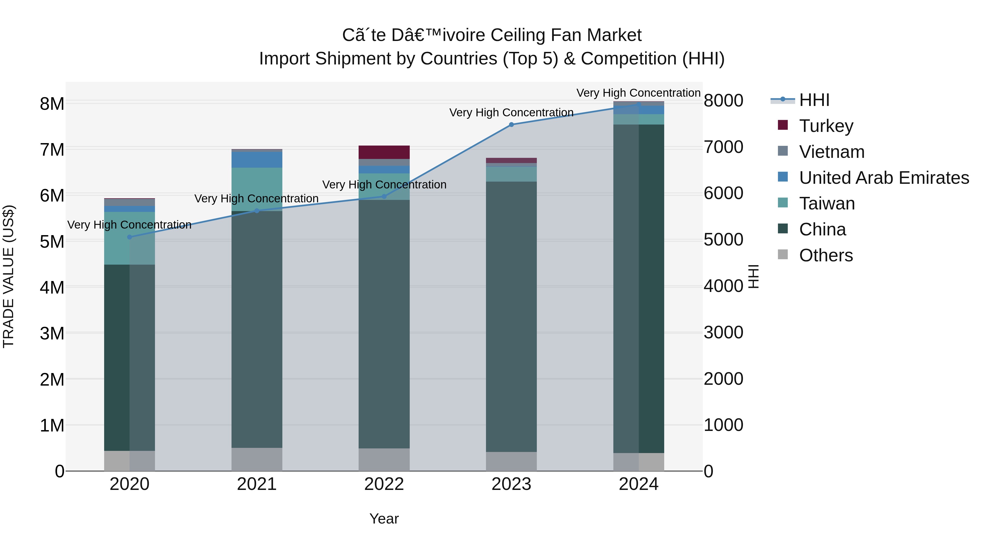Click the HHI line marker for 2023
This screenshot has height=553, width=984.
tap(511, 125)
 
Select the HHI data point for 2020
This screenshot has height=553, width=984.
tap(130, 237)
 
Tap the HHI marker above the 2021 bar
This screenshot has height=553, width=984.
tap(257, 211)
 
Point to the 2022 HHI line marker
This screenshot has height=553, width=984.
tap(384, 197)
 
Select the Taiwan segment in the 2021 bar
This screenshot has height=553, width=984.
tap(257, 189)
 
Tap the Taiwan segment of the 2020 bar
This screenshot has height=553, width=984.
tap(130, 238)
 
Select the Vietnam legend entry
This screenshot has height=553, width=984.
tap(831, 152)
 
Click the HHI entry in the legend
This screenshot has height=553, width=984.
tap(814, 100)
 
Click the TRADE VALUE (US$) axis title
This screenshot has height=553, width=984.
tap(8, 276)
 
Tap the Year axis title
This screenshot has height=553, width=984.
tap(384, 519)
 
